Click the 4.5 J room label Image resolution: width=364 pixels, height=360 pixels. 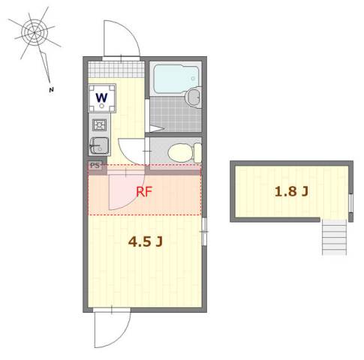pos(146,241)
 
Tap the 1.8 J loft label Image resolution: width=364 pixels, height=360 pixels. pos(291,191)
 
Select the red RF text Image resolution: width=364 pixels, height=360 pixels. pos(144,192)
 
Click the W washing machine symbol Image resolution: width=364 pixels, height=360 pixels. pos(102,98)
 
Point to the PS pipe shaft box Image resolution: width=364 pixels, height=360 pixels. pos(95,165)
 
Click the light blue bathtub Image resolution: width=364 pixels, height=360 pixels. pos(176,79)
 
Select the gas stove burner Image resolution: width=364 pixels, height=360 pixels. pos(99,125)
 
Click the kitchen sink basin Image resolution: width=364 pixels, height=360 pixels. pos(99,145)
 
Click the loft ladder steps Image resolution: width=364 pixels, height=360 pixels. pos(335,237)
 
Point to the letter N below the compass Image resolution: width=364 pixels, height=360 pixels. pos(51,90)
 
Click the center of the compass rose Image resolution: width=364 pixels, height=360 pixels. pos(34,32)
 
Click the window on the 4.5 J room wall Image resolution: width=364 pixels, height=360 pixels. pos(204,232)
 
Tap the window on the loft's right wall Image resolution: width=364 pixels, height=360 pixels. pos(350,203)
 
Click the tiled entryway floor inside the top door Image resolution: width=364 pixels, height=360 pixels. pos(116,69)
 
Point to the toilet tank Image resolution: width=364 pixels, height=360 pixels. pos(198,152)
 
